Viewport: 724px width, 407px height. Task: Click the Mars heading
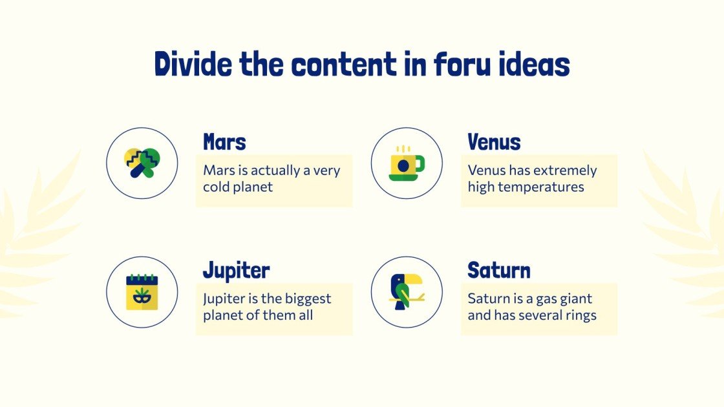click(224, 141)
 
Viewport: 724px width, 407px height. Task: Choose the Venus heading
click(494, 141)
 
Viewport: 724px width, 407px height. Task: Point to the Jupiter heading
click(236, 271)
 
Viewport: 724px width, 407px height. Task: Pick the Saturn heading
click(499, 270)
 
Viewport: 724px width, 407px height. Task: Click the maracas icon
click(142, 162)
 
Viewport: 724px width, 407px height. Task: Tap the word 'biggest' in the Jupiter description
click(308, 299)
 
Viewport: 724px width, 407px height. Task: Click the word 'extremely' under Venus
click(566, 171)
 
